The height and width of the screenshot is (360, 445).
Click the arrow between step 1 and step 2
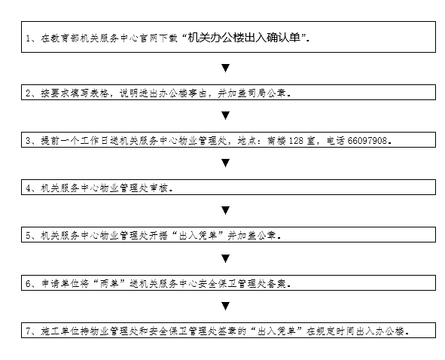click(226, 68)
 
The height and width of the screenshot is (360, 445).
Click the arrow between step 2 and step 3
click(226, 115)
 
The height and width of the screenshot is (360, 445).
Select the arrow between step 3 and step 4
click(226, 163)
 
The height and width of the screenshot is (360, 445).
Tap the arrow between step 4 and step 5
click(226, 210)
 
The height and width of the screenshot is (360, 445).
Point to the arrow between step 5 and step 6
click(226, 258)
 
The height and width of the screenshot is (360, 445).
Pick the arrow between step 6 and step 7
click(226, 306)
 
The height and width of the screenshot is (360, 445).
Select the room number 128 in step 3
click(296, 141)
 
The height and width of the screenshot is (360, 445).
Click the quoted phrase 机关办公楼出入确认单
click(244, 38)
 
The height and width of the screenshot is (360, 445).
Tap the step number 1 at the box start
click(28, 38)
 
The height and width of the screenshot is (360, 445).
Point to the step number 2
click(28, 93)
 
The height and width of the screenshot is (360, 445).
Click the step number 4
click(28, 188)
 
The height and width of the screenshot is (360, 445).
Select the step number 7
click(28, 331)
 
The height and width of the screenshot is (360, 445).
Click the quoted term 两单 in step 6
click(109, 283)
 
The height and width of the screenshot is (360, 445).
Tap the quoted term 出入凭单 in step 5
click(198, 236)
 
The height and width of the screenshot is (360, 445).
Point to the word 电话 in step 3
click(336, 141)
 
